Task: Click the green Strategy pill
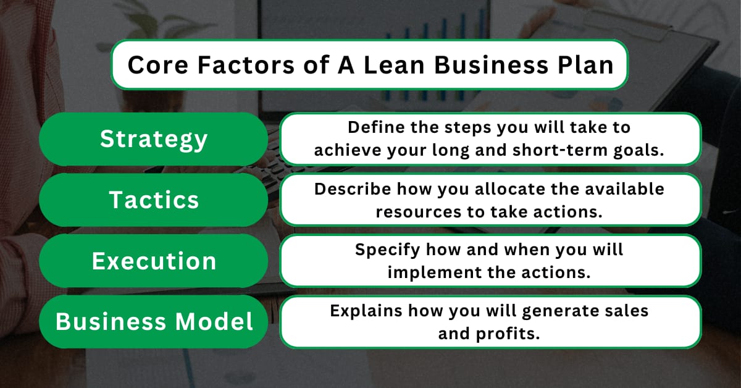click(154, 139)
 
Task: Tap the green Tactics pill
click(154, 200)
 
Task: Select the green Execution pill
click(154, 261)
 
